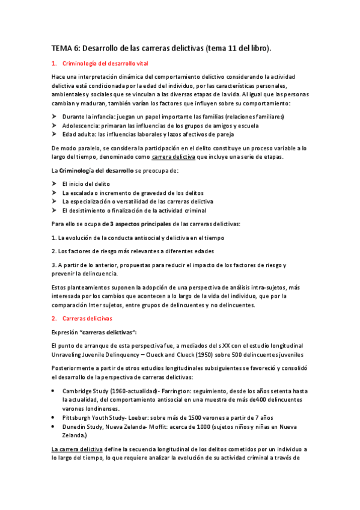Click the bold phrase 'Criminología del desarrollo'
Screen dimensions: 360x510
pyautogui.click(x=93, y=171)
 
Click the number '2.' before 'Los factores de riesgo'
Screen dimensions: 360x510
pyautogui.click(x=53, y=251)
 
